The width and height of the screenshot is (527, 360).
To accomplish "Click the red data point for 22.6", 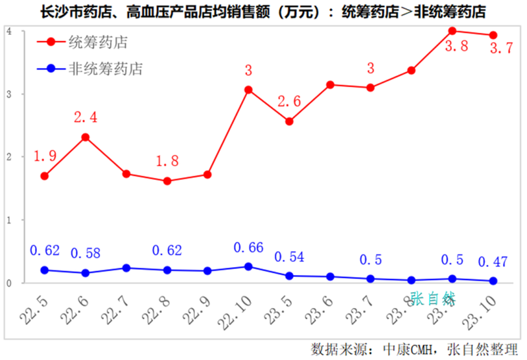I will click(x=85, y=137).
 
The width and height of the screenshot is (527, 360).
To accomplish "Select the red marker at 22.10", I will click(x=248, y=90).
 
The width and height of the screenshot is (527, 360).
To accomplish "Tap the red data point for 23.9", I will click(x=453, y=31).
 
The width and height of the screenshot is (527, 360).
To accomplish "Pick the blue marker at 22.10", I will click(x=248, y=266).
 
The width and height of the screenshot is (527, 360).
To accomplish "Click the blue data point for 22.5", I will click(x=44, y=270).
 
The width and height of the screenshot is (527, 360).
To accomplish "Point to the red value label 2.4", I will click(x=85, y=117).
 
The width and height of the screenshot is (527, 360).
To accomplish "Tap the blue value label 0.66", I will click(x=249, y=248).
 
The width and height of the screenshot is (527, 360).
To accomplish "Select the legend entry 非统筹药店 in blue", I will click(x=105, y=68).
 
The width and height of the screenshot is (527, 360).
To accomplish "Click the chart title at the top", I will click(x=263, y=11).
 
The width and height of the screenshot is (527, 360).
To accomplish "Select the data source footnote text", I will click(x=414, y=348).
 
